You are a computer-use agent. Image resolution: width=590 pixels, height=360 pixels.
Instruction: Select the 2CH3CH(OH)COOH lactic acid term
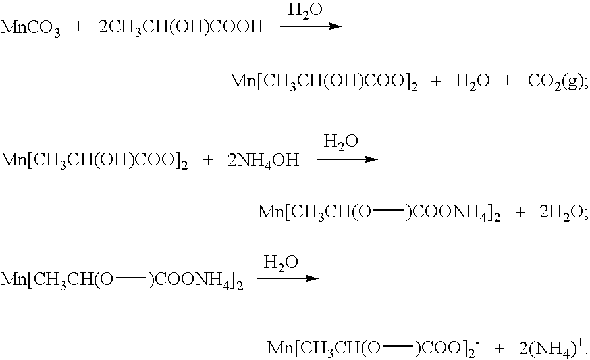click(x=181, y=28)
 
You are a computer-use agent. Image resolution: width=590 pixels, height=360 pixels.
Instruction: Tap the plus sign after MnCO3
click(x=78, y=27)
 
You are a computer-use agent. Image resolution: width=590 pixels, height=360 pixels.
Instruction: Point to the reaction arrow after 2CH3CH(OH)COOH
click(x=310, y=26)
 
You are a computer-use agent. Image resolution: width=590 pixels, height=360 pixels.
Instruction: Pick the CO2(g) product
click(x=556, y=82)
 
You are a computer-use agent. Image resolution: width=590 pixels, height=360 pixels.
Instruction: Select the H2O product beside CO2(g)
click(x=472, y=81)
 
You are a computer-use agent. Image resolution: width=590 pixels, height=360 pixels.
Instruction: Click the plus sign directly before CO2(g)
click(x=507, y=80)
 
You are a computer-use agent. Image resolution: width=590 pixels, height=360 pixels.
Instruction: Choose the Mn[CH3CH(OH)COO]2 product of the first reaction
click(x=323, y=82)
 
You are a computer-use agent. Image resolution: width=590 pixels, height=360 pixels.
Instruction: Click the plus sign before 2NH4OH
click(x=207, y=160)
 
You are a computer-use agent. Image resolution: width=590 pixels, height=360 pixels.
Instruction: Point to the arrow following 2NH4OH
click(x=347, y=159)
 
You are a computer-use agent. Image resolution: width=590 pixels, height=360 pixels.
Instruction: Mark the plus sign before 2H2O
click(x=520, y=213)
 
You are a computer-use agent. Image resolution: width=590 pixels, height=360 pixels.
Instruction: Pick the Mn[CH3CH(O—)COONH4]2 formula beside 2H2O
click(x=379, y=213)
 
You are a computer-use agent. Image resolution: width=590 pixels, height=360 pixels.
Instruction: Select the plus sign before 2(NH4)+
click(x=500, y=348)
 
